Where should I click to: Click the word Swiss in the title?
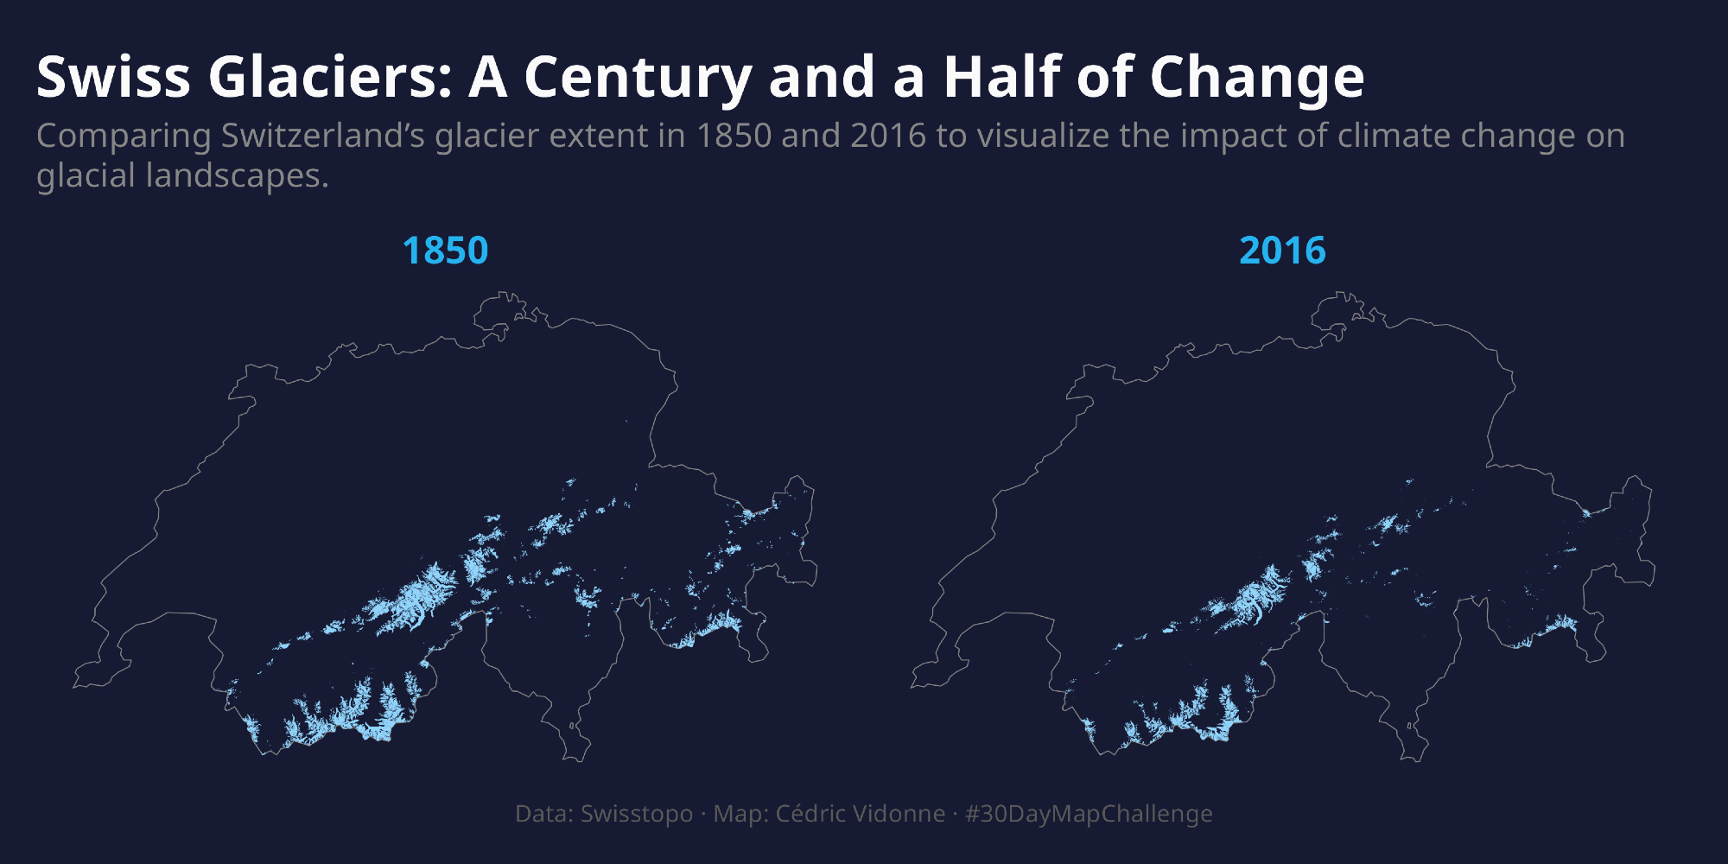click(x=113, y=78)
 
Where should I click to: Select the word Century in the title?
click(x=638, y=78)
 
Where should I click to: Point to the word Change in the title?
click(x=1257, y=78)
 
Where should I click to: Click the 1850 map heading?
click(x=445, y=251)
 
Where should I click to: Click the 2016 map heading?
click(x=1282, y=251)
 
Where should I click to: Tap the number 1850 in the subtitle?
click(x=734, y=137)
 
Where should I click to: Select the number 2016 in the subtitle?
click(x=888, y=137)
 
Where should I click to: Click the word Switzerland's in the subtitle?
click(x=323, y=137)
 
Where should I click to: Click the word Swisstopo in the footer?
click(x=637, y=814)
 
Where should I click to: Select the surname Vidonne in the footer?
click(x=903, y=814)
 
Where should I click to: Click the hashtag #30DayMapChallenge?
click(x=1089, y=814)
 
